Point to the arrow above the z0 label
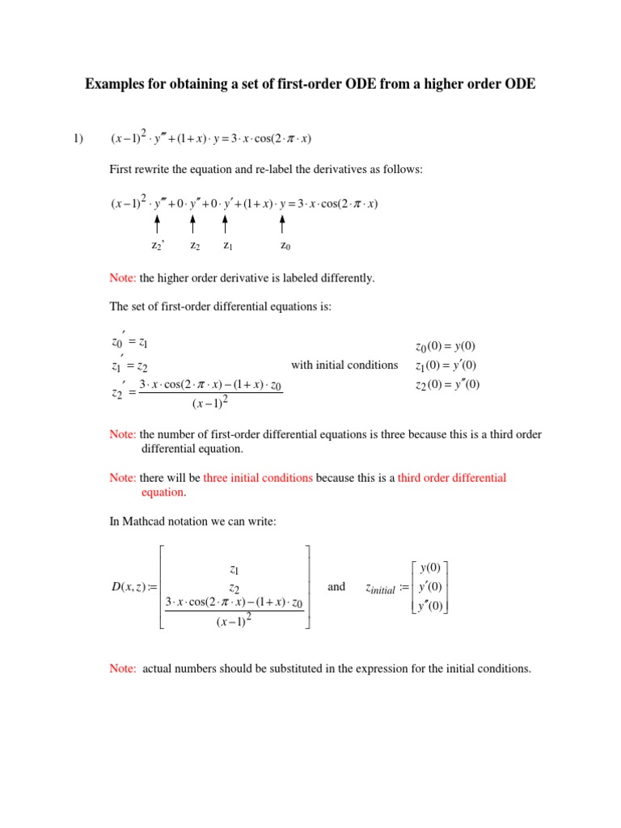tap(282, 223)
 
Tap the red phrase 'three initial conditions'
tap(258, 478)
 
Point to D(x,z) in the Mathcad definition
tap(129, 588)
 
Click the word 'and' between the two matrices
tap(336, 587)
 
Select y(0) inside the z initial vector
tap(431, 568)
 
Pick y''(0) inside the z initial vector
tap(431, 606)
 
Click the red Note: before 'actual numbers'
tap(123, 669)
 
